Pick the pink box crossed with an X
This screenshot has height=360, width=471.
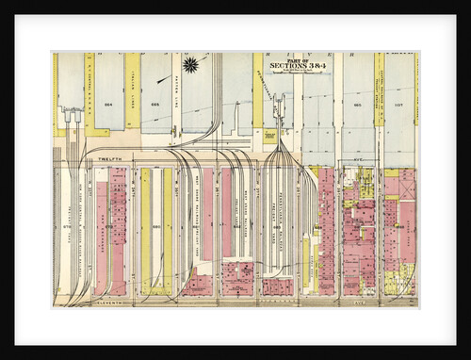pos(407,188)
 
